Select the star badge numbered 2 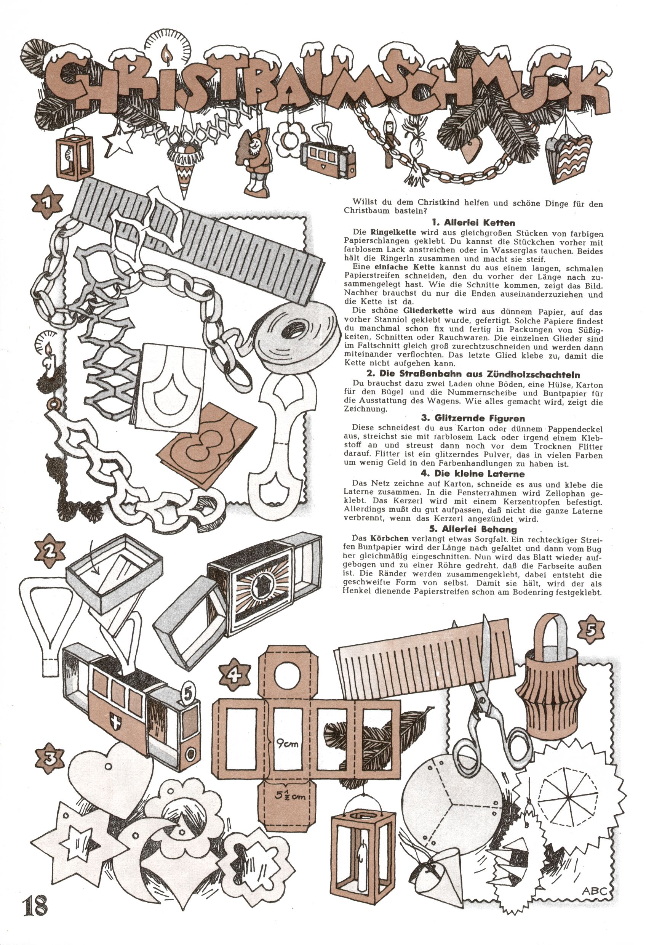coord(50,551)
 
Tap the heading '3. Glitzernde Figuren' coord(479,418)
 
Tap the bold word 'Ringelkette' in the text coord(393,232)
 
